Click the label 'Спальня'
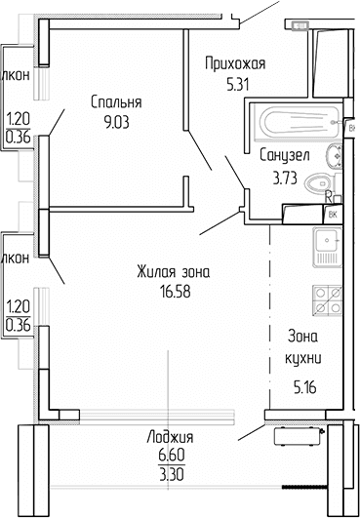point(116,101)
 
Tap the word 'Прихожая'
point(235,64)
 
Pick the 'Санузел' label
point(284,154)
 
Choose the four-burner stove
point(326,298)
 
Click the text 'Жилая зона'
point(169,271)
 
